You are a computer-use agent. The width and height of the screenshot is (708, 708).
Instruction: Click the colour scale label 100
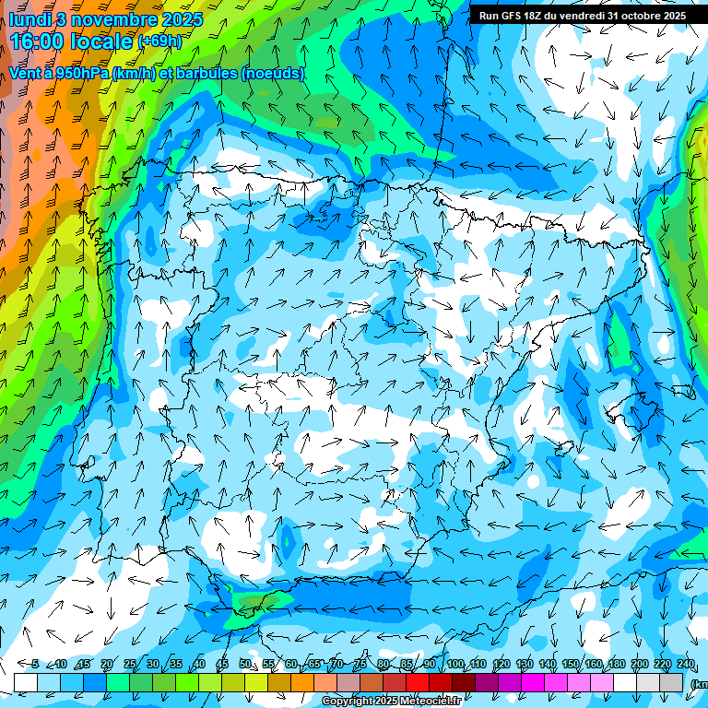(x=455, y=664)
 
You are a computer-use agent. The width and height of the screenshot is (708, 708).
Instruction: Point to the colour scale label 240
(x=685, y=664)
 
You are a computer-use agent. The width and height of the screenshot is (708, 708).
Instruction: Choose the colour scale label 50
(x=245, y=664)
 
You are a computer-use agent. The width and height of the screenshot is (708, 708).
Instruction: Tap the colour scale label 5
(x=35, y=664)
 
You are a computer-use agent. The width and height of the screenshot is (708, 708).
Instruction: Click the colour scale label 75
(x=360, y=664)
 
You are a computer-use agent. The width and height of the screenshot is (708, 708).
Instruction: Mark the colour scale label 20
(x=107, y=664)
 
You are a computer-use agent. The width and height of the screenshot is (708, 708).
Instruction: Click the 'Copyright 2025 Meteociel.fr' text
(x=392, y=702)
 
